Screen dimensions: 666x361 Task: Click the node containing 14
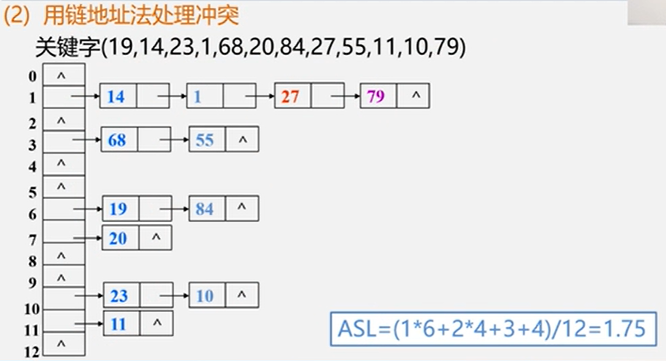[116, 96]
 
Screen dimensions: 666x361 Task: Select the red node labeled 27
[290, 96]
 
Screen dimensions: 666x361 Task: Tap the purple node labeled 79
[376, 96]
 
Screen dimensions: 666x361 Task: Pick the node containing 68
[117, 140]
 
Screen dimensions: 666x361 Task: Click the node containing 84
[205, 209]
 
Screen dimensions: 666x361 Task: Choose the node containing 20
[118, 238]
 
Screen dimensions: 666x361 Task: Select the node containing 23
[119, 295]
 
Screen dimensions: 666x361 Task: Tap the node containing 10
[205, 295]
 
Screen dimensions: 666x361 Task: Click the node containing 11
[119, 324]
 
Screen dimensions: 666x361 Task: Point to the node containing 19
[118, 209]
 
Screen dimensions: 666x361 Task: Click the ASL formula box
[492, 329]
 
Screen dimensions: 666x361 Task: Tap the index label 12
[31, 352]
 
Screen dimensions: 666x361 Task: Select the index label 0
[33, 77]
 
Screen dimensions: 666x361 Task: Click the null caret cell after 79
[416, 96]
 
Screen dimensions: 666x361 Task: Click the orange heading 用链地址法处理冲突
[140, 16]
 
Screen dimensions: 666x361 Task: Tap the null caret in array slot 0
[61, 76]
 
